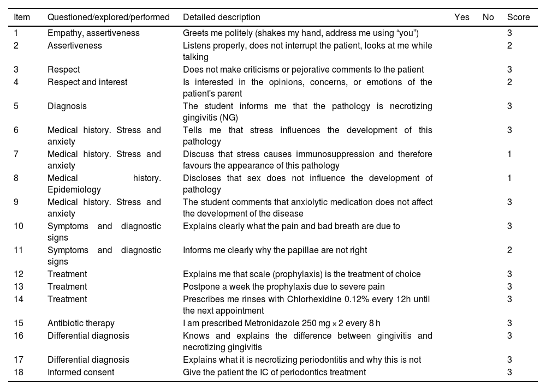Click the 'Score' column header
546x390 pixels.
[518, 17]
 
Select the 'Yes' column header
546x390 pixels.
[461, 17]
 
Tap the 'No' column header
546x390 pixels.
[488, 17]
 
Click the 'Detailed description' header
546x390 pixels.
[221, 17]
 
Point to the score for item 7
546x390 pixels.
[509, 154]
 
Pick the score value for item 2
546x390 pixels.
[509, 46]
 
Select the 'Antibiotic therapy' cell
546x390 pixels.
[81, 323]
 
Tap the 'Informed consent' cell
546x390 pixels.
[81, 372]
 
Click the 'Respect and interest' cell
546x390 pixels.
[87, 82]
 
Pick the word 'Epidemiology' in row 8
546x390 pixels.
[74, 190]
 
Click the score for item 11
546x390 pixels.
[509, 250]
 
